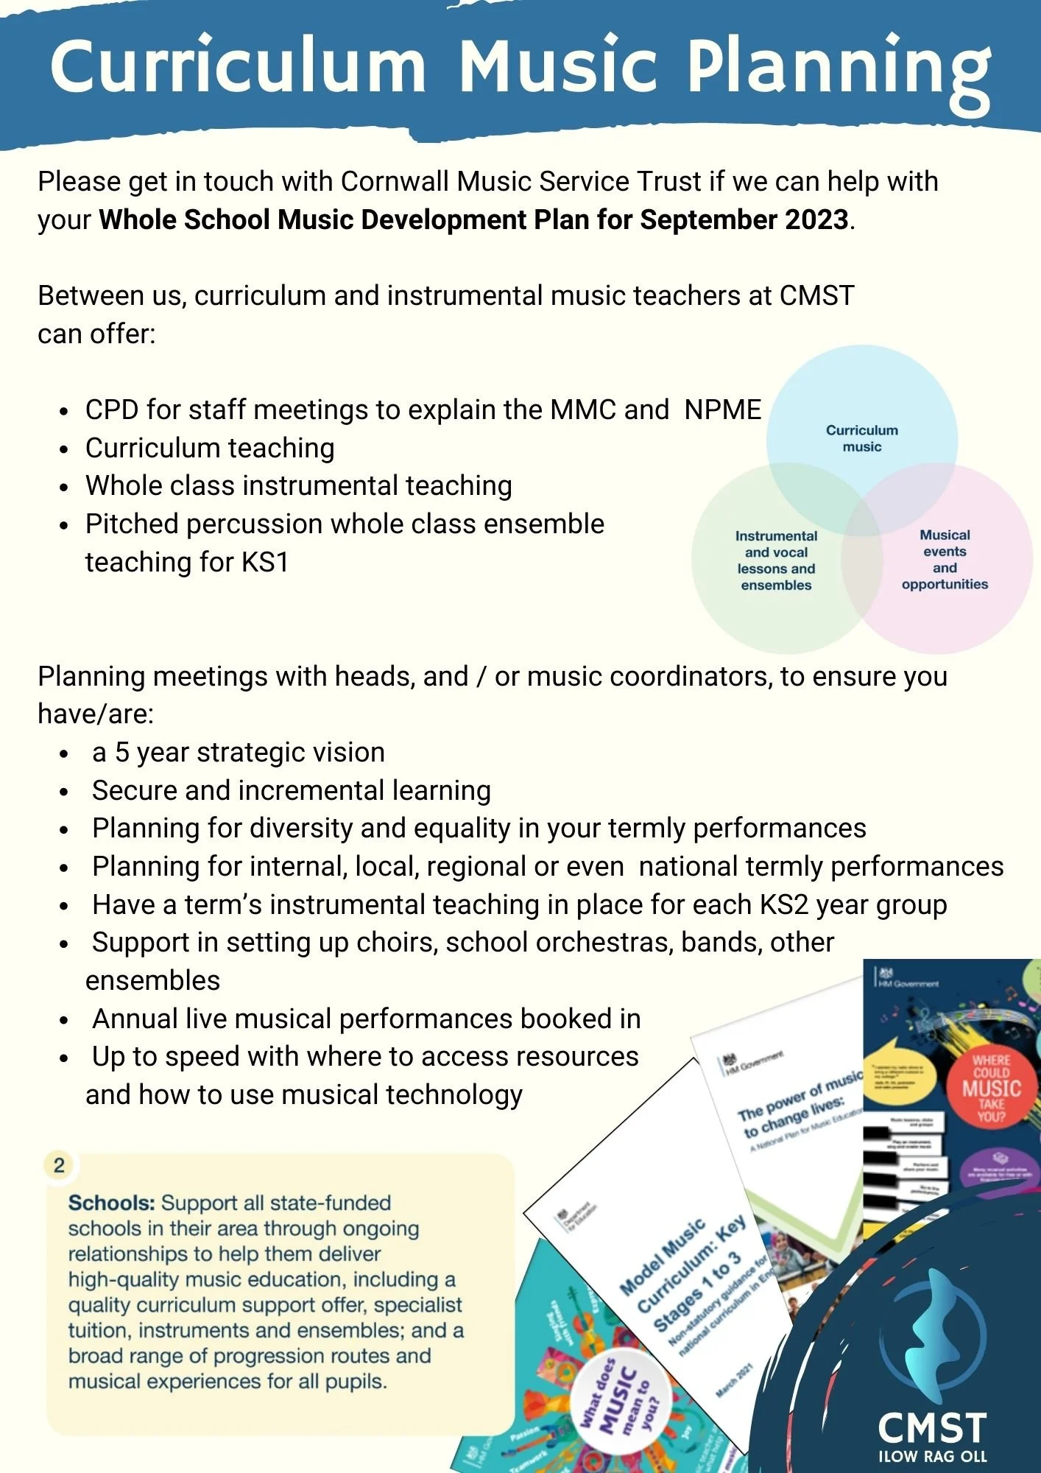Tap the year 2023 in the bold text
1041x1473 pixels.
[816, 219]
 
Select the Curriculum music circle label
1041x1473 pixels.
[862, 438]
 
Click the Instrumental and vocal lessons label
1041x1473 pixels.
[776, 560]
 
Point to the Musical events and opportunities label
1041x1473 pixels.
[945, 559]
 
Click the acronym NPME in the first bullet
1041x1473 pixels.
[722, 409]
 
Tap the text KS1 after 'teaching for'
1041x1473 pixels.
[265, 563]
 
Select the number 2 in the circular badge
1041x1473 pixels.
[59, 1165]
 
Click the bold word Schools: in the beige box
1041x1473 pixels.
[111, 1203]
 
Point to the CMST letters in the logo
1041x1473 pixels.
[932, 1429]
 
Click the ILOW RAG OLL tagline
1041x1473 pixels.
[932, 1457]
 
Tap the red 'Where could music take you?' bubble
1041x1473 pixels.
[991, 1088]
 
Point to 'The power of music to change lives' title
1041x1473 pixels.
[795, 1105]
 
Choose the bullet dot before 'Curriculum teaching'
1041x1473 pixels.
[65, 449]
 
